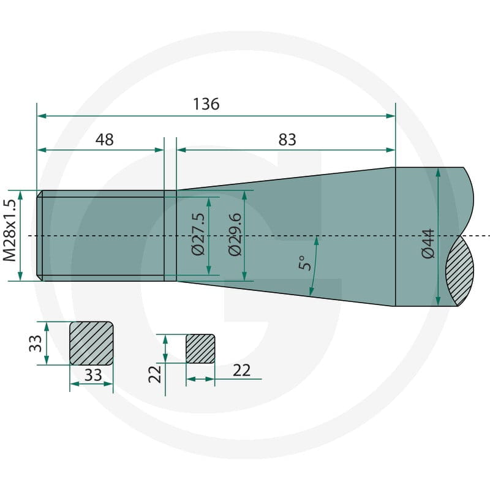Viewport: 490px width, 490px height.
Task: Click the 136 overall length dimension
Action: pyautogui.click(x=206, y=104)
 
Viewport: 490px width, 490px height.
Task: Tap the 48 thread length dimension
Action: pyautogui.click(x=104, y=140)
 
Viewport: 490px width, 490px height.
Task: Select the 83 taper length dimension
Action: pyautogui.click(x=287, y=140)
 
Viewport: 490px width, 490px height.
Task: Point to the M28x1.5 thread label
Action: pyautogui.click(x=9, y=230)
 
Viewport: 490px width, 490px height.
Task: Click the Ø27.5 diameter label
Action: pyautogui.click(x=198, y=235)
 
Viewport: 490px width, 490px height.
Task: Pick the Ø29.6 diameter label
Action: pyautogui.click(x=235, y=235)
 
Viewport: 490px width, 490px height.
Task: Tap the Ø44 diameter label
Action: pyautogui.click(x=428, y=244)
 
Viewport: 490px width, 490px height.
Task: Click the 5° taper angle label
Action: pyautogui.click(x=304, y=263)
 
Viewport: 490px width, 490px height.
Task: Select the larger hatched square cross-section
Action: pyautogui.click(x=91, y=343)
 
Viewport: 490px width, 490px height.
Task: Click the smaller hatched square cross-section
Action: pyautogui.click(x=200, y=349)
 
